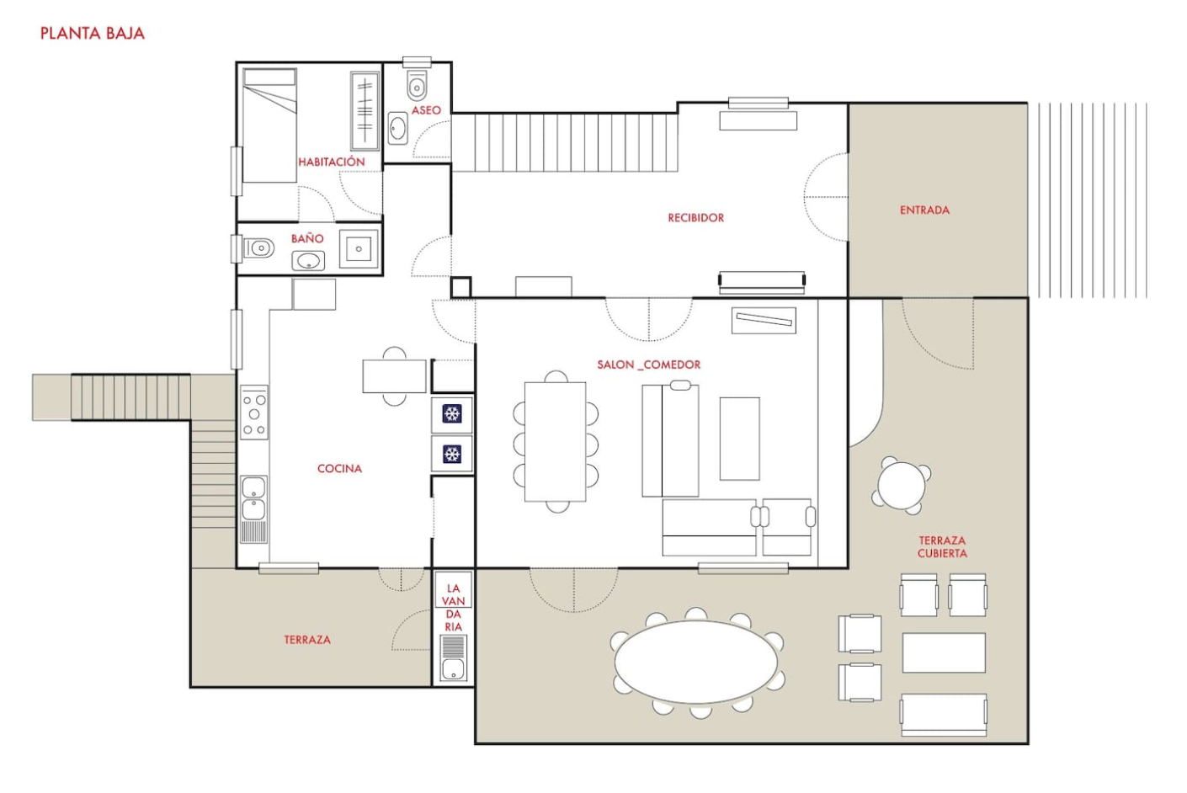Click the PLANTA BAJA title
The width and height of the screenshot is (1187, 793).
[x=93, y=34]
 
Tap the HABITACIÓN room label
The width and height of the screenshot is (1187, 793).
[x=331, y=162]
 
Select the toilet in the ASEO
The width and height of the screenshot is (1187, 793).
[x=417, y=85]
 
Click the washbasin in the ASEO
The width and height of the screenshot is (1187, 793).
[x=397, y=128]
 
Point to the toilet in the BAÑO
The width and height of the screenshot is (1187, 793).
[x=258, y=247]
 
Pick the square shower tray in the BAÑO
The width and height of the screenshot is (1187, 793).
[x=359, y=248]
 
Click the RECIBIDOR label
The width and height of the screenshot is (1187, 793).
[x=695, y=218]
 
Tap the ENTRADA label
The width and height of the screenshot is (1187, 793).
[x=924, y=210]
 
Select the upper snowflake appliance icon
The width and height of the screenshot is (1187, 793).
[x=451, y=413]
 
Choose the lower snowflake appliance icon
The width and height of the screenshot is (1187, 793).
[x=451, y=454]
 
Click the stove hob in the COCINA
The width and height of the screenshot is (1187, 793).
[x=254, y=412]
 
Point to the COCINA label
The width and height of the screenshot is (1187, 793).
[x=339, y=469]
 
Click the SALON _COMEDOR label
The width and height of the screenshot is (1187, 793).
[x=648, y=365]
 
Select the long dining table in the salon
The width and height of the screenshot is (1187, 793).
[x=556, y=442]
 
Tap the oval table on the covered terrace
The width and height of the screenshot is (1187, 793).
[x=696, y=663]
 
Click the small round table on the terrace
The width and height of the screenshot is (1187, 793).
[x=901, y=486]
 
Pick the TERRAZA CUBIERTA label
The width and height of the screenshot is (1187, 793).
[x=942, y=546]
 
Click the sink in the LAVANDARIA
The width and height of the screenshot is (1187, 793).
[x=454, y=669]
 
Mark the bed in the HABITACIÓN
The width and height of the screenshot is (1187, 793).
[x=269, y=125]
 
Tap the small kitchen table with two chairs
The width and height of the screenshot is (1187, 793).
[x=394, y=376]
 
